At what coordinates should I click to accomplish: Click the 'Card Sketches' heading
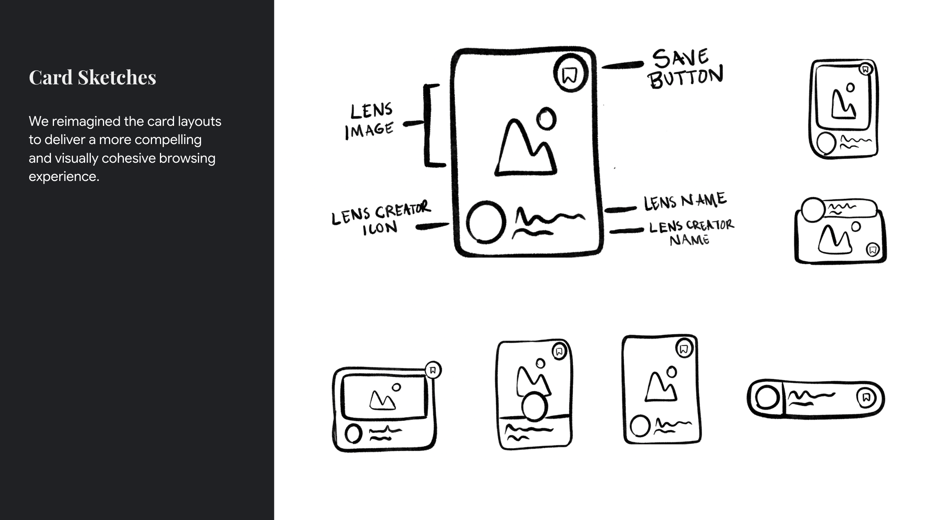click(92, 78)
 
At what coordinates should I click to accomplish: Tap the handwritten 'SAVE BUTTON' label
click(685, 69)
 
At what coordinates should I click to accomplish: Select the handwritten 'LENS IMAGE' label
click(369, 121)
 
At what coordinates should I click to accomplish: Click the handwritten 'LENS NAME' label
click(685, 201)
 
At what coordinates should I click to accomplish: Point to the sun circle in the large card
click(546, 119)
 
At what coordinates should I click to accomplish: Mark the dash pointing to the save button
click(622, 65)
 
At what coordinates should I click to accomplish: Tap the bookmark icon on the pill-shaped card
click(866, 398)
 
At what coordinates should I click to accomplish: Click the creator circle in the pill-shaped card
click(767, 398)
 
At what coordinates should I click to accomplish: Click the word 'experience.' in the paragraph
click(64, 177)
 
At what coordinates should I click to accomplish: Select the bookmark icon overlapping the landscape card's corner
click(433, 370)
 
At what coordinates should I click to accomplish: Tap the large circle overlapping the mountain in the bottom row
click(535, 406)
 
